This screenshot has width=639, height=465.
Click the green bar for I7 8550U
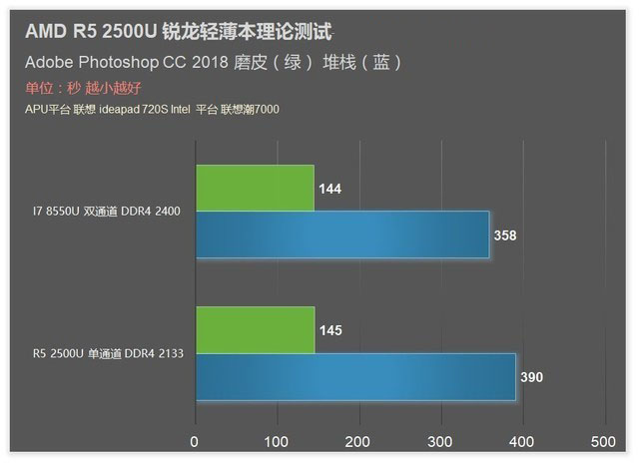tap(255, 188)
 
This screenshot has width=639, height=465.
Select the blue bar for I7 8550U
tap(342, 234)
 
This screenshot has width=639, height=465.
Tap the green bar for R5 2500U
tap(255, 330)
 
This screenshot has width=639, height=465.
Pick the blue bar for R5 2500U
tap(355, 376)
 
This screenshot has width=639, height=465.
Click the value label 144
tap(330, 189)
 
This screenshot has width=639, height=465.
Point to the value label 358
tap(506, 235)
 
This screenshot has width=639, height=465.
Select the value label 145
tap(330, 330)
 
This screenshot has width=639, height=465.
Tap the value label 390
tap(532, 377)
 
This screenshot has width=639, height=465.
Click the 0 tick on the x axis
tap(196, 441)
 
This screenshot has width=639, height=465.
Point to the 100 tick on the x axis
tap(277, 441)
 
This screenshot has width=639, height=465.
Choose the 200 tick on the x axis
tap(358, 441)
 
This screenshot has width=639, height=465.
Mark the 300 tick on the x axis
tap(440, 441)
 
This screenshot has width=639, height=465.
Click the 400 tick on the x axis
tap(521, 441)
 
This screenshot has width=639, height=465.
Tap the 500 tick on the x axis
tap(603, 441)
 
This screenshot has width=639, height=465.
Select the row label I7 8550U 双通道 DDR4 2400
tap(106, 212)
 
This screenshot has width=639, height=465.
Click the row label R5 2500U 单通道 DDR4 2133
tap(106, 353)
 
